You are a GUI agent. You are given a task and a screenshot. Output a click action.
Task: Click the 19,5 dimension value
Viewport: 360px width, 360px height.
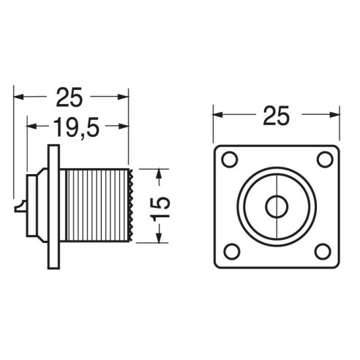76,128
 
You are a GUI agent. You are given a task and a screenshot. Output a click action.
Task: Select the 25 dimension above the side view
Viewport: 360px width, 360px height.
70,97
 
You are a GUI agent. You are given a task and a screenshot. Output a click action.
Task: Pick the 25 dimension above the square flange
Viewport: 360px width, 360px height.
277,116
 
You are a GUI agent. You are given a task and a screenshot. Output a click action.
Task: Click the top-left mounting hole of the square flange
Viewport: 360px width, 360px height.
230,160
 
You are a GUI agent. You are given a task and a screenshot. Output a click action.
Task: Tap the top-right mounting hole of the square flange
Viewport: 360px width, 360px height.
325,160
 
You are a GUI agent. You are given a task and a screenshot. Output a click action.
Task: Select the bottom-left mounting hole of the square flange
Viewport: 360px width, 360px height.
232,252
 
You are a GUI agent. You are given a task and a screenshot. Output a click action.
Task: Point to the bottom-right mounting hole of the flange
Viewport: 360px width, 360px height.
323,252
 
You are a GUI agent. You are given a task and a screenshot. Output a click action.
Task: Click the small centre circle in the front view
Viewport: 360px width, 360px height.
277,206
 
